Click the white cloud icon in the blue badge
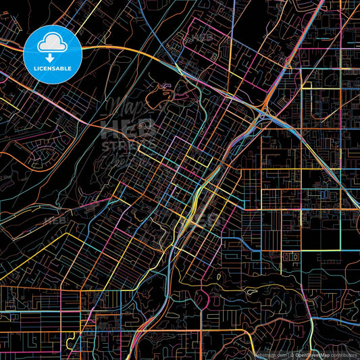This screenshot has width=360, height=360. (x=52, y=44)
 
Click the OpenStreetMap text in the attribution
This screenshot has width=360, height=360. (x=312, y=354)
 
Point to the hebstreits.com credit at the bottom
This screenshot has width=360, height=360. (x=270, y=354)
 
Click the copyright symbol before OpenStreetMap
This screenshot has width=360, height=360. (x=292, y=354)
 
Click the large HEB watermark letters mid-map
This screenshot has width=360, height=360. (x=128, y=128)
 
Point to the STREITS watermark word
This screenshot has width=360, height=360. (x=128, y=144)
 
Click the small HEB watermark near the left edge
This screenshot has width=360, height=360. (x=54, y=220)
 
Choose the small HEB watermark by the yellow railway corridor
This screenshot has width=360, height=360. (x=206, y=220)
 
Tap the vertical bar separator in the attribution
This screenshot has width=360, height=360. (x=288, y=354)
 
